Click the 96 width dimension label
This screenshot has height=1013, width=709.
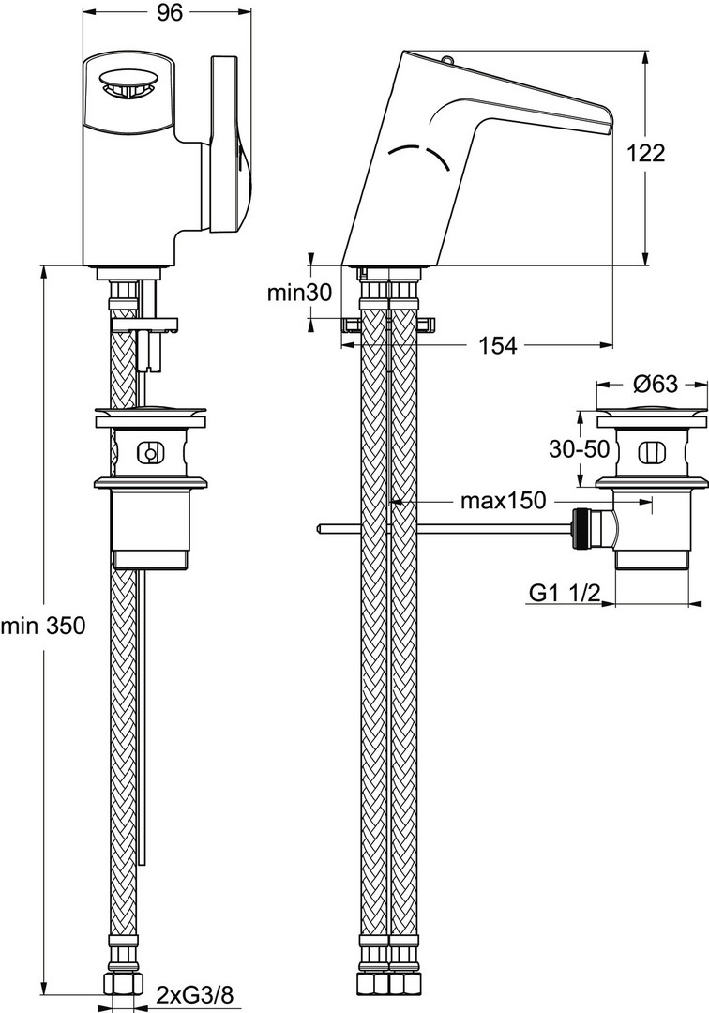[x=170, y=12]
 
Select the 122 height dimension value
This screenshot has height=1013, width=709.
[x=646, y=153]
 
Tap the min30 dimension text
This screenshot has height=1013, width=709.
[x=299, y=293]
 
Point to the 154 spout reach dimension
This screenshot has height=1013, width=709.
[x=498, y=345]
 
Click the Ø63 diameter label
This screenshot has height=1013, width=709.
[x=655, y=385]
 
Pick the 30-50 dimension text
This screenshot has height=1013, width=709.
[x=580, y=449]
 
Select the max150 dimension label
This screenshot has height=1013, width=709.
[x=503, y=501]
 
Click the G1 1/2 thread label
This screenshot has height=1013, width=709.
[x=565, y=593]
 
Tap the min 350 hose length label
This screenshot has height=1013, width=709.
[x=42, y=626]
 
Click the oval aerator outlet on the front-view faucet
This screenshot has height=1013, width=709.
[x=128, y=83]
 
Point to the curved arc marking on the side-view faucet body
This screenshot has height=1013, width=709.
[x=418, y=155]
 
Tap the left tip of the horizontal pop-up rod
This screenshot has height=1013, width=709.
[x=319, y=529]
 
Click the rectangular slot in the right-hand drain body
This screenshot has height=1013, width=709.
[x=648, y=453]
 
